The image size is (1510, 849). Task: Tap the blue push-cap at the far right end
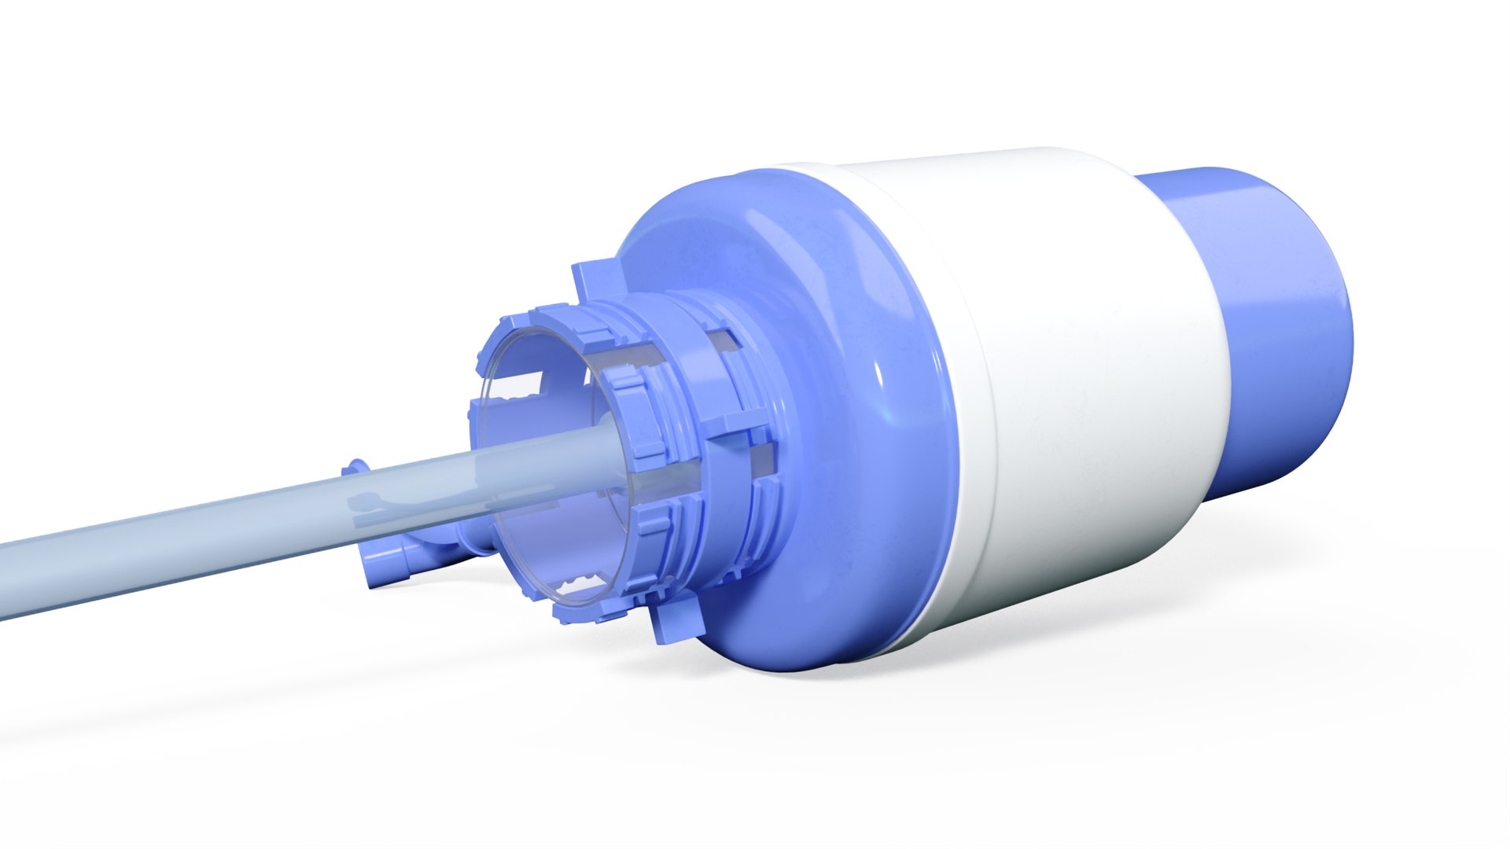(1290, 330)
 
